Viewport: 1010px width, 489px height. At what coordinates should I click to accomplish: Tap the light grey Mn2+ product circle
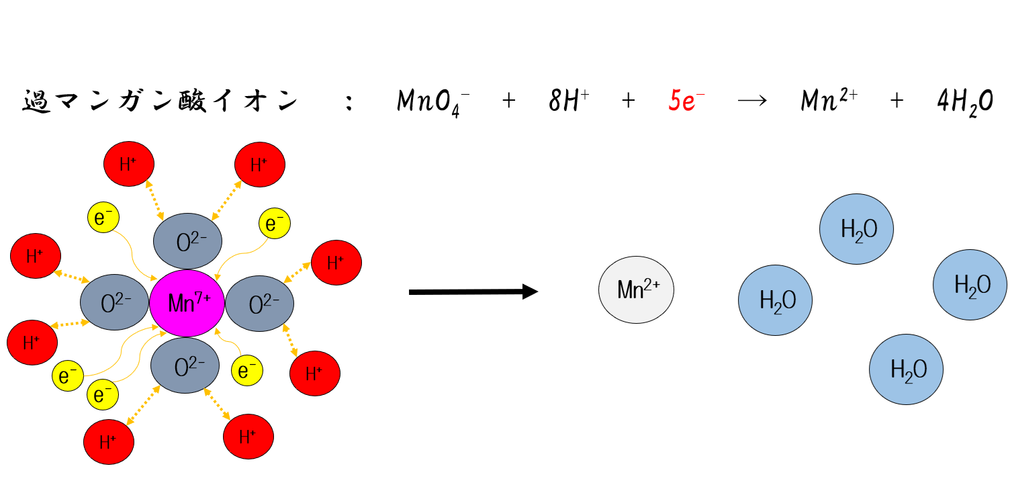tap(636, 290)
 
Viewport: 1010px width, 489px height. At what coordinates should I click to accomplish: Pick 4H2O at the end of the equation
tap(964, 103)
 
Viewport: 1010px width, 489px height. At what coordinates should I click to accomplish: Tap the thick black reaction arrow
tap(473, 292)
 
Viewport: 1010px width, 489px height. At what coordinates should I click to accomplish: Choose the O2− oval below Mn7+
tap(185, 367)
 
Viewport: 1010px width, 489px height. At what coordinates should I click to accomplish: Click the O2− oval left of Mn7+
tap(115, 304)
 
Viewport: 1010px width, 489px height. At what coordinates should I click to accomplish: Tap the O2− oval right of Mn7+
tap(259, 304)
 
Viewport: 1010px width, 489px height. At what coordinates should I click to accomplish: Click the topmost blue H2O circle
tap(856, 229)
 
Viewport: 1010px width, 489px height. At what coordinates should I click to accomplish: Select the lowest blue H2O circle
tap(906, 368)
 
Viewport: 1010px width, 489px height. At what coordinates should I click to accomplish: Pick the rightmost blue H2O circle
tap(970, 285)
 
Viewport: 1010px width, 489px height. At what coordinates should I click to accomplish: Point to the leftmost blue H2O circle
tap(776, 300)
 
